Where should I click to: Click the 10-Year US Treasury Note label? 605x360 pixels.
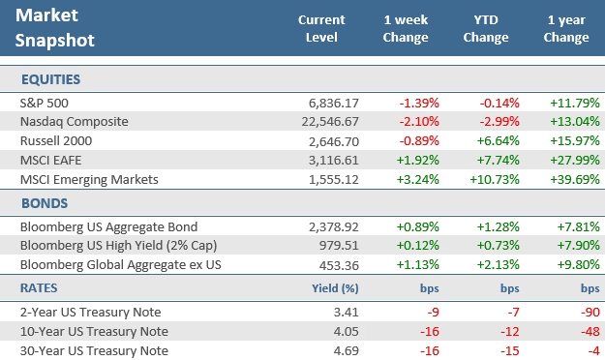[x=86, y=332]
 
